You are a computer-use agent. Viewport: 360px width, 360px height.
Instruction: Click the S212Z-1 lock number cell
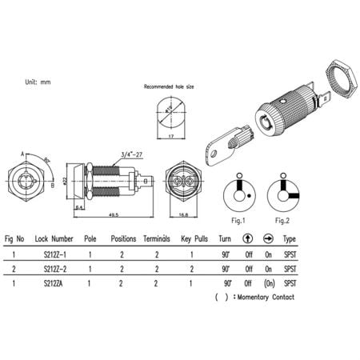(54, 254)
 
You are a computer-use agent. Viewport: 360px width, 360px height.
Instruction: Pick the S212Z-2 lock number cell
(54, 270)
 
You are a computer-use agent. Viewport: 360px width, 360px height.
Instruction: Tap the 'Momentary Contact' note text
(264, 298)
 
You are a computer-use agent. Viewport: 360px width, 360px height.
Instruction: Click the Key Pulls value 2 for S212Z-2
(191, 270)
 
